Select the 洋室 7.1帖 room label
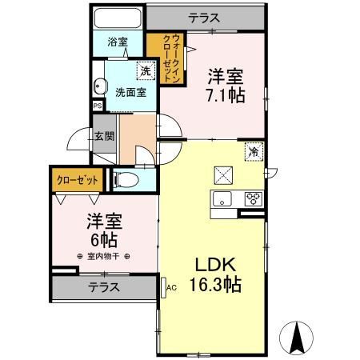225,84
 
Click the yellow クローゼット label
77,180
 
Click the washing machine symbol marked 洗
146,70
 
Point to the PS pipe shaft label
97,106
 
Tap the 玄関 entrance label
104,137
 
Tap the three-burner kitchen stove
253,198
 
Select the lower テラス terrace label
104,286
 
